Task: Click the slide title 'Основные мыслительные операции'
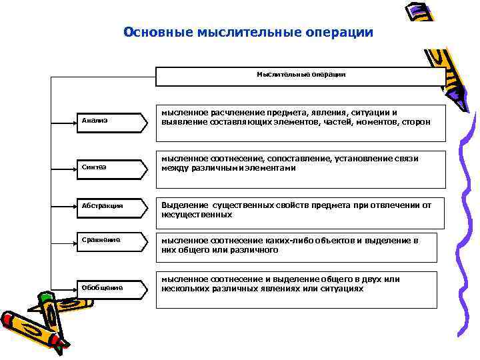[x=249, y=32]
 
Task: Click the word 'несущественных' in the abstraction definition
[x=197, y=215]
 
